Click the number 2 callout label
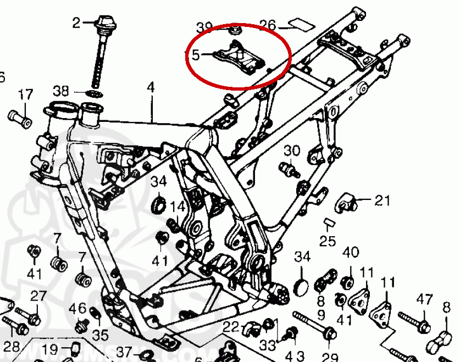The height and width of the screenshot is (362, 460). [x=76, y=23]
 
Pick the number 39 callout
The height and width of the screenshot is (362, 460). [x=204, y=27]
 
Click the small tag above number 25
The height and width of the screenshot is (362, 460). [x=329, y=222]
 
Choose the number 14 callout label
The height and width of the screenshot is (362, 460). [x=177, y=207]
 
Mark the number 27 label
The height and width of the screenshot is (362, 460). [x=38, y=296]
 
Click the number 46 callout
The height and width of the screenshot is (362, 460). [x=78, y=308]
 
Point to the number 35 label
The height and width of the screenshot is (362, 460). [x=100, y=335]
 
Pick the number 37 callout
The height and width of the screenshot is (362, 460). [x=124, y=351]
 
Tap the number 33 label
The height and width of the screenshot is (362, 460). [x=267, y=346]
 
